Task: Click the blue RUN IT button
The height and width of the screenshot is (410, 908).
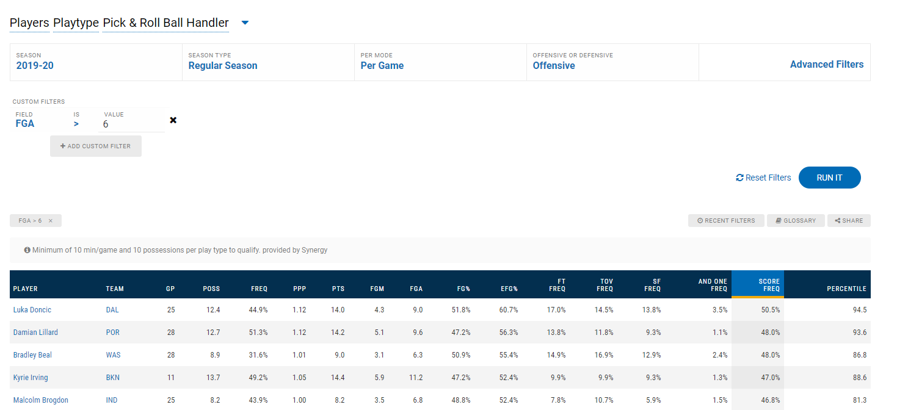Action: (x=829, y=178)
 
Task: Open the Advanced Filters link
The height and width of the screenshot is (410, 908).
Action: (x=826, y=64)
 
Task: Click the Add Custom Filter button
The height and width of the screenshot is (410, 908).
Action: (x=96, y=146)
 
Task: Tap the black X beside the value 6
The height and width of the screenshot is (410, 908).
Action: (x=173, y=120)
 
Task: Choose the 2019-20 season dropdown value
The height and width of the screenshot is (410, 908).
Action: (x=35, y=65)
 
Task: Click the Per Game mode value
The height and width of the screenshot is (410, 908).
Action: (x=382, y=65)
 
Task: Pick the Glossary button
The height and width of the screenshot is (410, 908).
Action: (x=795, y=220)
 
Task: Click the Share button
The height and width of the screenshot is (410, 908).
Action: (x=849, y=220)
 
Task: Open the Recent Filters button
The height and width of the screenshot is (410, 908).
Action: (x=726, y=220)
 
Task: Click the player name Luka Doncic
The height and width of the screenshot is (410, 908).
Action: (x=32, y=310)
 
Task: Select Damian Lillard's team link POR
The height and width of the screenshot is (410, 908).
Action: (x=112, y=333)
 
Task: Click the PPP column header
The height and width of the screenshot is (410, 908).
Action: (x=299, y=289)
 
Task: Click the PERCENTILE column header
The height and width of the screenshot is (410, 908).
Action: (x=846, y=289)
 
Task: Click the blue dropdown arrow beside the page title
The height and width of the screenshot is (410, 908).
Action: (x=245, y=23)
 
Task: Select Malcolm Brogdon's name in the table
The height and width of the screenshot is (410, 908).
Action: (x=41, y=400)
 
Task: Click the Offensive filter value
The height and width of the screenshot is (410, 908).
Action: (x=554, y=65)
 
